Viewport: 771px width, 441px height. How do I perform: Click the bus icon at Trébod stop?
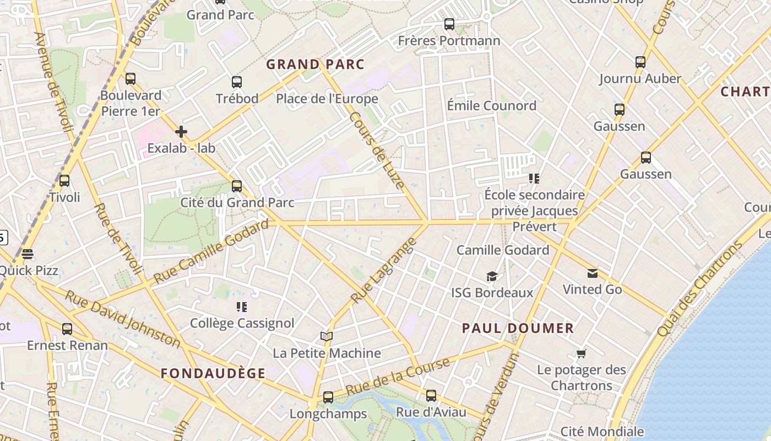pos(237,82)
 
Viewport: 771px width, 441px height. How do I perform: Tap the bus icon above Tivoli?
pos(64,181)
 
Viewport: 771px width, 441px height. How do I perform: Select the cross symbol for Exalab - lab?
pos(181,132)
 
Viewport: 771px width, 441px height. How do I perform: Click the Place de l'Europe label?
pos(327,99)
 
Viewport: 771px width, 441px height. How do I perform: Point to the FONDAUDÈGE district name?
pos(213,373)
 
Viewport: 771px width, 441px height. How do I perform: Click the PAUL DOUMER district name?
pos(518,329)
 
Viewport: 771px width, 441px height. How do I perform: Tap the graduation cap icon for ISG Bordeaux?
pos(492,276)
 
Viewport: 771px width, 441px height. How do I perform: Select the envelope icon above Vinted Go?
pos(593,273)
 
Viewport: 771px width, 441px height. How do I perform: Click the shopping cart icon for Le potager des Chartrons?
pos(582,353)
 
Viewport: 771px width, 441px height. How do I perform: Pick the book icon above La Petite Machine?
pos(327,337)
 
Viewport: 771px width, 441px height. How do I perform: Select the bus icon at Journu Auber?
pos(640,62)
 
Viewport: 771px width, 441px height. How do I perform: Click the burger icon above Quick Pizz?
pos(28,254)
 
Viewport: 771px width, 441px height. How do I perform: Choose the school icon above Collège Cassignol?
pos(242,307)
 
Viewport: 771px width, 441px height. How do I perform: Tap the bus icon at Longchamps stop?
pos(328,397)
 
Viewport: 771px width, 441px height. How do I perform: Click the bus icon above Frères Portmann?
pos(449,24)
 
